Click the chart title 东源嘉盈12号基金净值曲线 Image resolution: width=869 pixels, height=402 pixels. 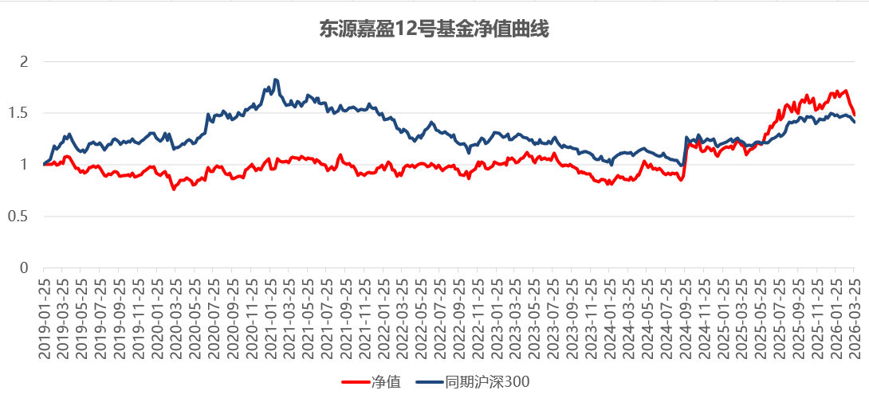click(434, 29)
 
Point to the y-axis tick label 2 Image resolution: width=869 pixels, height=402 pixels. click(23, 61)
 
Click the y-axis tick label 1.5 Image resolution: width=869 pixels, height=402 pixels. click(18, 113)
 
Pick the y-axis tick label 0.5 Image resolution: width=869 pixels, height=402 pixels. click(18, 217)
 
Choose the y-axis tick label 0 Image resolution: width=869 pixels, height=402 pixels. click(23, 268)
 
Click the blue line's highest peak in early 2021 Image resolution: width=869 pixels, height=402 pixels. click(276, 80)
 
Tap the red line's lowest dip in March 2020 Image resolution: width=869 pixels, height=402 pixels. click(174, 189)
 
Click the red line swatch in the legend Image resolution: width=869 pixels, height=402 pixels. click(356, 382)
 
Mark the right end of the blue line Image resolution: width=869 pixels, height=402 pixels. click(855, 122)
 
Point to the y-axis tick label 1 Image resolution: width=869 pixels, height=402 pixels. click(23, 165)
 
